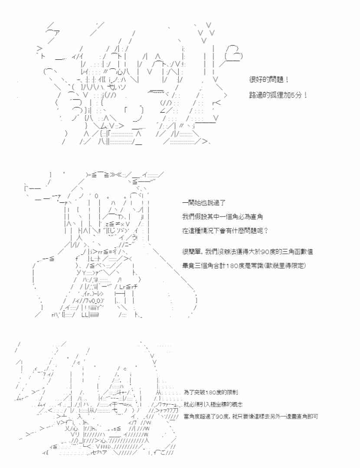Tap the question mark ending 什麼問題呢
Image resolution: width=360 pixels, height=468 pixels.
pos(272,231)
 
